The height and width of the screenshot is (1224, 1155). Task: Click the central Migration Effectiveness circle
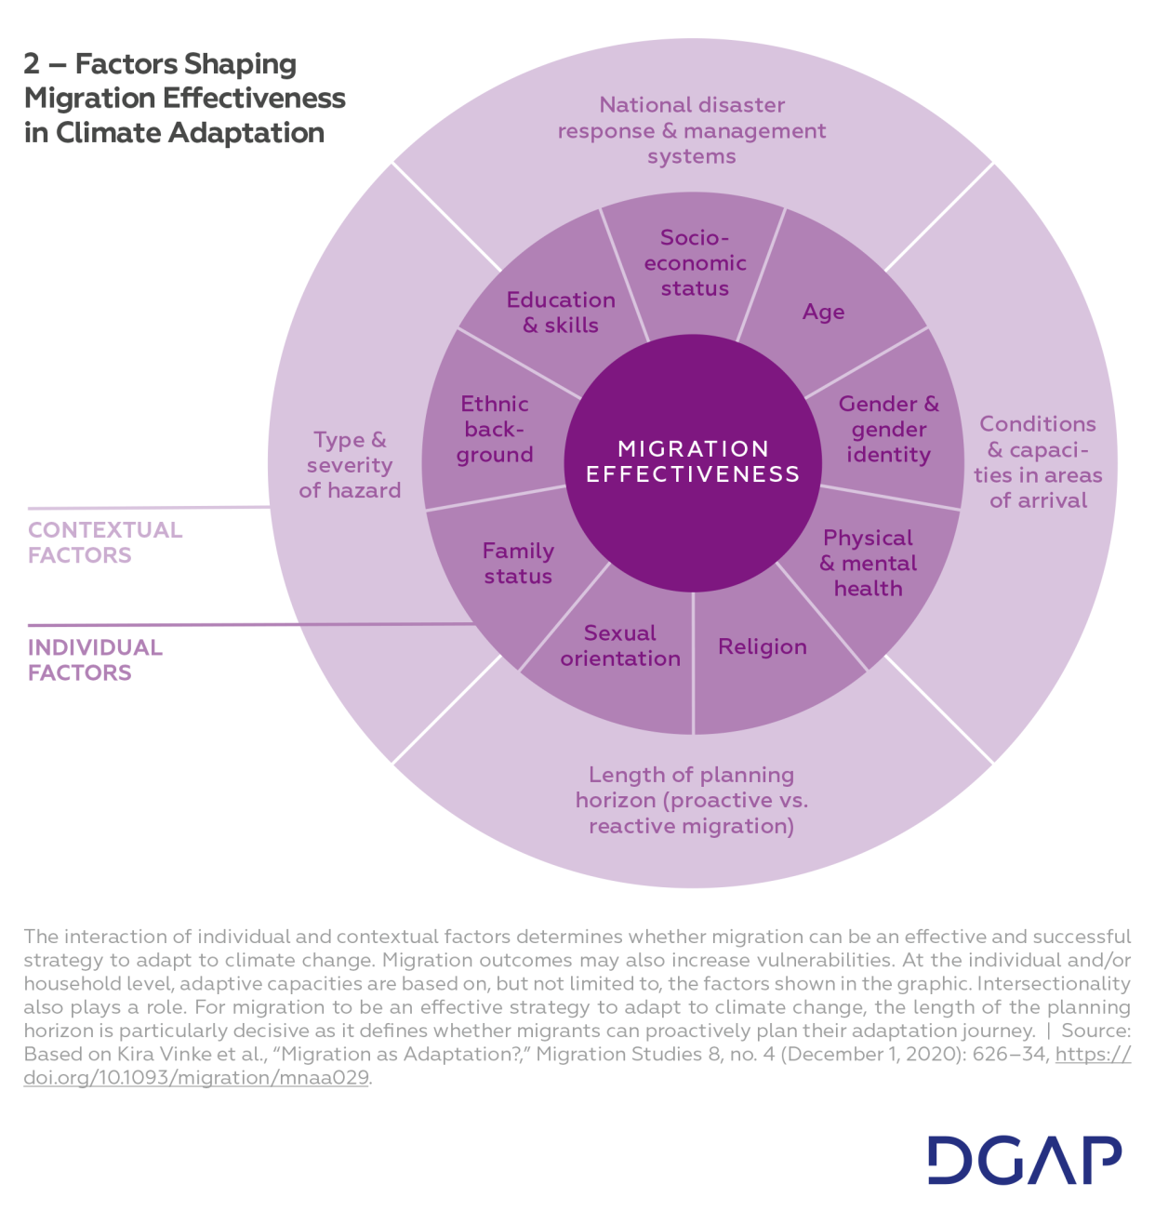pyautogui.click(x=693, y=462)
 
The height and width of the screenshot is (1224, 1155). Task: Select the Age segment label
pyautogui.click(x=823, y=312)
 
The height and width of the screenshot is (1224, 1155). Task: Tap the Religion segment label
pyautogui.click(x=763, y=646)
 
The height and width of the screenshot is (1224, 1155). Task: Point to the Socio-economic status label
pyautogui.click(x=695, y=263)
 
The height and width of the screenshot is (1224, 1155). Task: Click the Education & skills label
pyautogui.click(x=561, y=313)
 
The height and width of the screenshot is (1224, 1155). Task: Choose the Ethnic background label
pyautogui.click(x=495, y=430)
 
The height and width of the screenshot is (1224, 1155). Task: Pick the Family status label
pyautogui.click(x=518, y=564)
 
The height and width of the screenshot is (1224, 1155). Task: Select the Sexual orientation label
pyautogui.click(x=620, y=645)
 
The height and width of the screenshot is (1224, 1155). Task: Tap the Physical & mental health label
pyautogui.click(x=868, y=564)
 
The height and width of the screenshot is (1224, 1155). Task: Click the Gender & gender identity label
pyautogui.click(x=888, y=430)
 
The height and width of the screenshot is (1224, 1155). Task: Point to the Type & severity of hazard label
pyautogui.click(x=350, y=465)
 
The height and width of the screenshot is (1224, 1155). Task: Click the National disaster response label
pyautogui.click(x=692, y=130)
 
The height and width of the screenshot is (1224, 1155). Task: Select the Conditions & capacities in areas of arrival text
pyautogui.click(x=1038, y=462)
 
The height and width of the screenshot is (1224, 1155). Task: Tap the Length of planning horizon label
pyautogui.click(x=692, y=800)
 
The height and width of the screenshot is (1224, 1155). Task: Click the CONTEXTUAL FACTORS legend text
pyautogui.click(x=105, y=542)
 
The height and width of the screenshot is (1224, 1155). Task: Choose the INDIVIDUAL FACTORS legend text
pyautogui.click(x=95, y=660)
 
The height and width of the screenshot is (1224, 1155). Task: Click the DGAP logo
pyautogui.click(x=1024, y=1160)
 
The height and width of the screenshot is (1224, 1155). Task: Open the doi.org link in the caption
pyautogui.click(x=196, y=1078)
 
